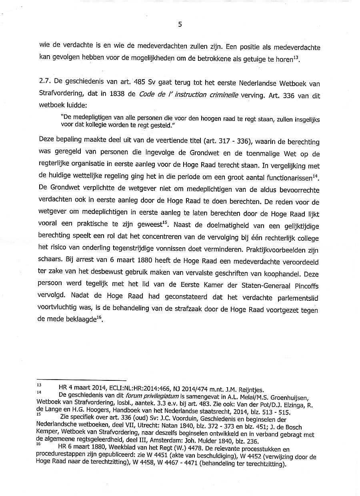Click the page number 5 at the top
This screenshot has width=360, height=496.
click(180, 24)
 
